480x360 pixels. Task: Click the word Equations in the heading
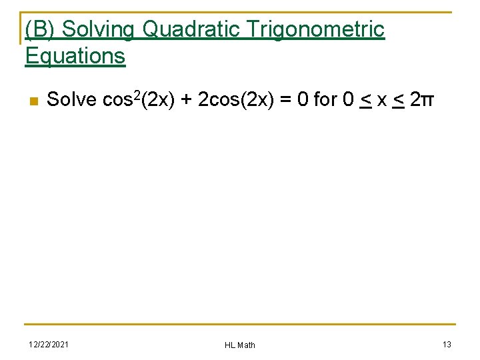(x=75, y=56)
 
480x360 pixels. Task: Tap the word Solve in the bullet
(x=72, y=100)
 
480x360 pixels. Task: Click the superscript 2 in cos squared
(x=139, y=95)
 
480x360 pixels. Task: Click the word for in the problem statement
(x=325, y=100)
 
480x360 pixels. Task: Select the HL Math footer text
(x=240, y=345)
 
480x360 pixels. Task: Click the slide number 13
(x=447, y=343)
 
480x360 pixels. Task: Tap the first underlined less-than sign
(x=365, y=101)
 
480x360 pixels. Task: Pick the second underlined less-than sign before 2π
(x=398, y=101)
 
